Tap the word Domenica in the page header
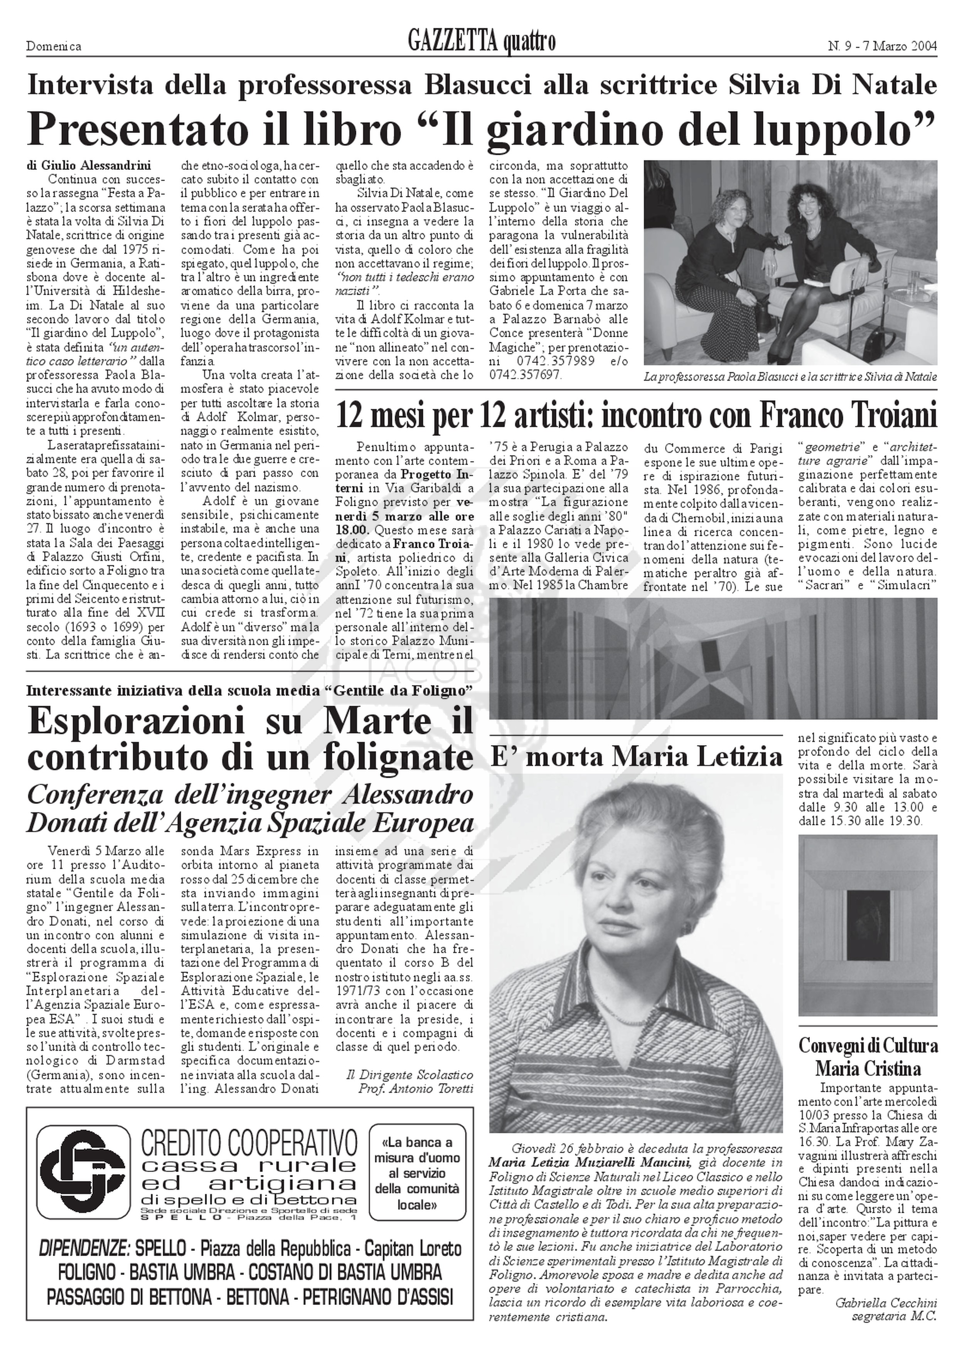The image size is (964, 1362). coord(54,46)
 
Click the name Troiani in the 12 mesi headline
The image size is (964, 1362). coord(878,416)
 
